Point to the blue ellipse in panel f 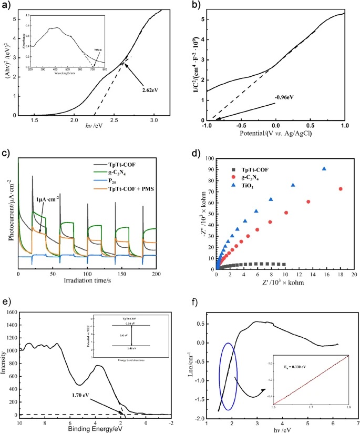click(x=228, y=377)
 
